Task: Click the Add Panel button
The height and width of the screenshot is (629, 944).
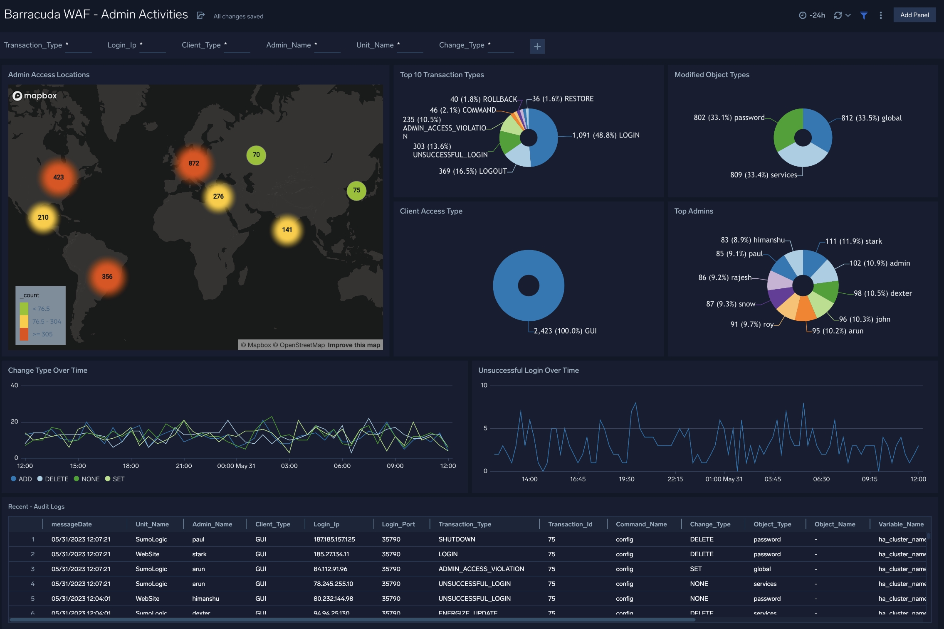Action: [x=914, y=15]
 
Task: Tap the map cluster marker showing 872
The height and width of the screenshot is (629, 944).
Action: [x=194, y=163]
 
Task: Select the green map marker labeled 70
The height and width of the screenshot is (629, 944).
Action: [x=256, y=155]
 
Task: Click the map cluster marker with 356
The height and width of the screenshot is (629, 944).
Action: [x=107, y=277]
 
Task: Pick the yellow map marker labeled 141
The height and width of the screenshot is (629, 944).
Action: [x=287, y=230]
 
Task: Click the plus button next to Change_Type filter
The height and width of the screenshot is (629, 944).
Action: [x=537, y=47]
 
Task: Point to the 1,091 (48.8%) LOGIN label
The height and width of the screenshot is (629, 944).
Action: [x=605, y=135]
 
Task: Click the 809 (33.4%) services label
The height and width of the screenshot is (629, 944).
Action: [x=764, y=175]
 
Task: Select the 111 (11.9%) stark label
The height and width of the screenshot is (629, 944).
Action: [x=853, y=241]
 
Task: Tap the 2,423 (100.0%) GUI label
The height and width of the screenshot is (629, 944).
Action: [x=565, y=331]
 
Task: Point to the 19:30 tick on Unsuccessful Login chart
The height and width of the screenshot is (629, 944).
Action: [x=626, y=479]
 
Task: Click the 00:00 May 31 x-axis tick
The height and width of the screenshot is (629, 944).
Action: [x=236, y=466]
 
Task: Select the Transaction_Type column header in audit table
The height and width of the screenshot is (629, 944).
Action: [x=465, y=524]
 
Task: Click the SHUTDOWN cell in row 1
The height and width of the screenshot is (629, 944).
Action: [x=457, y=539]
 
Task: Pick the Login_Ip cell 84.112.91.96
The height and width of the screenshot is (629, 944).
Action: [x=330, y=569]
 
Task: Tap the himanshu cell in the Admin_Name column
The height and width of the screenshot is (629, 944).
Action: [x=205, y=599]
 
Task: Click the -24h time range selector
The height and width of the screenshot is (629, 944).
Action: [x=812, y=15]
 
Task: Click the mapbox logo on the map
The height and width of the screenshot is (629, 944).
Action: [x=35, y=96]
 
